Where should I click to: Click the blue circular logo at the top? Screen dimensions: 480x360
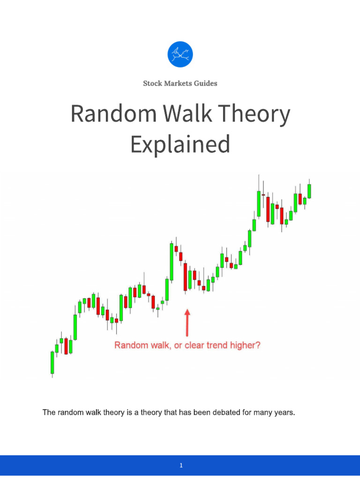click(x=180, y=54)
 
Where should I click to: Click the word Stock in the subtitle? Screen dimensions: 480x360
click(x=152, y=83)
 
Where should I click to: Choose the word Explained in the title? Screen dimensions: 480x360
click(x=180, y=144)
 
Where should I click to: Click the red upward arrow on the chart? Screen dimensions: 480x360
click(x=187, y=322)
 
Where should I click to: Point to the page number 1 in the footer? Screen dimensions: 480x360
click(x=180, y=465)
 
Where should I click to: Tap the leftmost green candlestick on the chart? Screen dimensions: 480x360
click(x=52, y=362)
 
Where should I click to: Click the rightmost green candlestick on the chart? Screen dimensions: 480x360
click(x=309, y=191)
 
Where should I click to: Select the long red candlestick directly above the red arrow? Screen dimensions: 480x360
click(x=185, y=277)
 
